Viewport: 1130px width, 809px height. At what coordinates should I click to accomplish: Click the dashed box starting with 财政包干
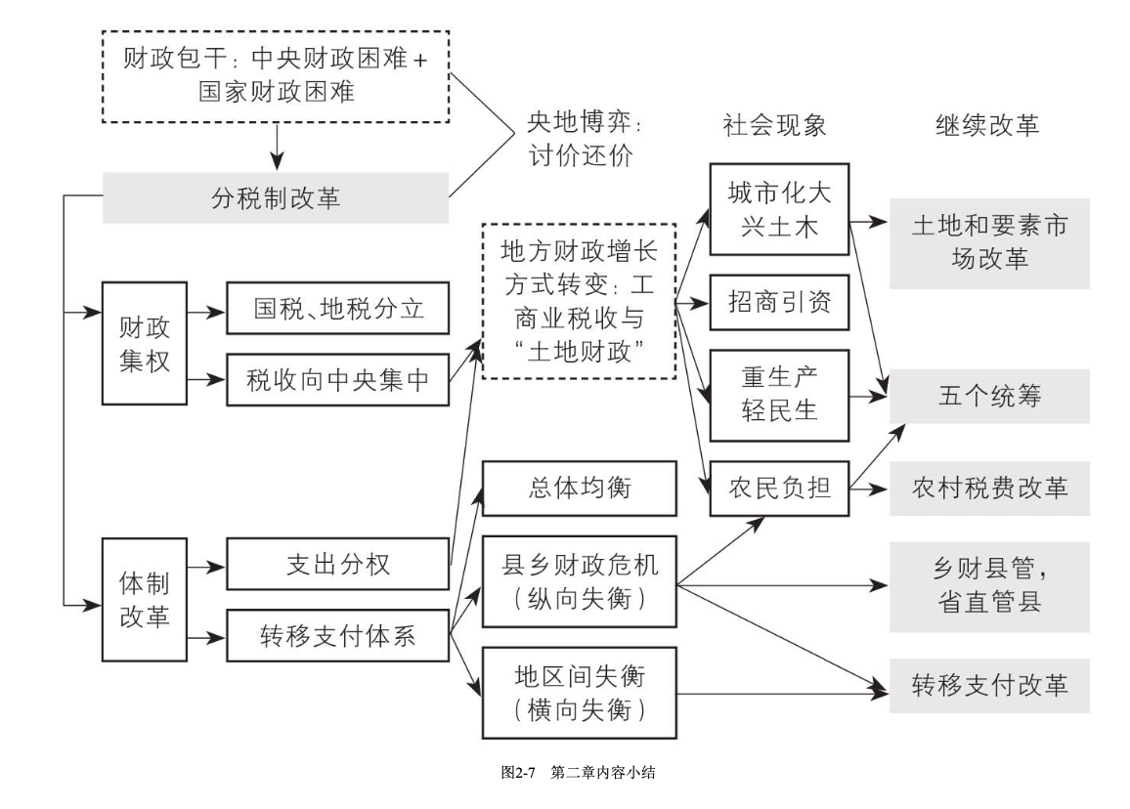point(276,74)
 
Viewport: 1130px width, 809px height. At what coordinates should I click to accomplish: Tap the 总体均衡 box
point(579,488)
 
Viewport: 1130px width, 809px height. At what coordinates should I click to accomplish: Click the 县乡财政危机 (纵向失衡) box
point(579,581)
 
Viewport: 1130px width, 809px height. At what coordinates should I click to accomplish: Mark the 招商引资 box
point(779,303)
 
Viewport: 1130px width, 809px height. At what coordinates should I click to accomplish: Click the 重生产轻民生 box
point(779,392)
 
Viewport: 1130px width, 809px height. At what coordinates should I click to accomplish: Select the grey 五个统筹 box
point(988,397)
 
